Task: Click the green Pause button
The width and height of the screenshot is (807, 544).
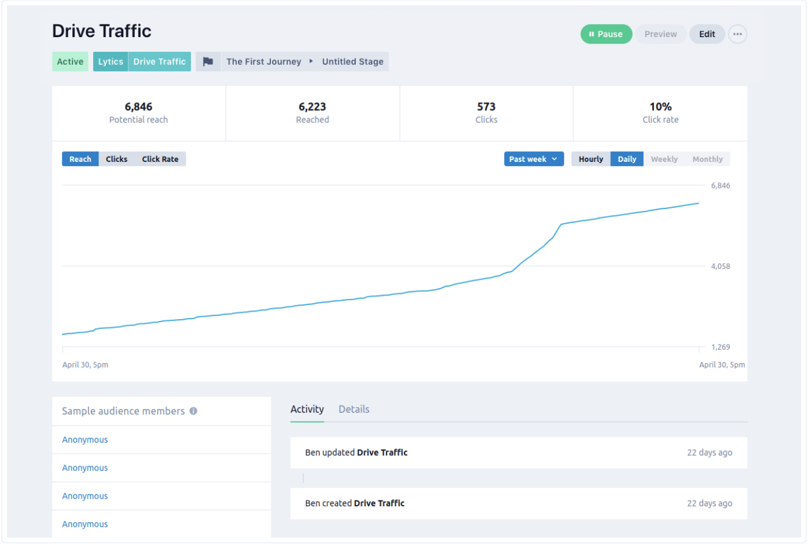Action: (x=606, y=34)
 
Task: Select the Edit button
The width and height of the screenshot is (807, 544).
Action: (x=707, y=34)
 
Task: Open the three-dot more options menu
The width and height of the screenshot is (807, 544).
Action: (x=737, y=34)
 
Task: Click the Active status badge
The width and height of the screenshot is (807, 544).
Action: (x=70, y=62)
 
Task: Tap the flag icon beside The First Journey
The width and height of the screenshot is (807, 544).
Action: (x=208, y=62)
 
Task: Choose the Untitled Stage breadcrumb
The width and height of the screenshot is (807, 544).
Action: (x=352, y=62)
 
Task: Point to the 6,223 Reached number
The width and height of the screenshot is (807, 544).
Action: (x=312, y=107)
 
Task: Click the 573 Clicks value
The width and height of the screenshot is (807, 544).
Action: (x=486, y=107)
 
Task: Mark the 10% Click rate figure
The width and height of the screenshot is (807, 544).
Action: (x=660, y=107)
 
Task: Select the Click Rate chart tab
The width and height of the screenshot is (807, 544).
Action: (x=160, y=159)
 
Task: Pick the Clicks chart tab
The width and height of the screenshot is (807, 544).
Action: (x=117, y=159)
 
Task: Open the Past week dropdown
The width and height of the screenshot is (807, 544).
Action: (x=534, y=159)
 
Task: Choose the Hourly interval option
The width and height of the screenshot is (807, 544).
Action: (x=591, y=159)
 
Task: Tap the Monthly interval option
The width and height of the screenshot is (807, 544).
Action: (x=707, y=159)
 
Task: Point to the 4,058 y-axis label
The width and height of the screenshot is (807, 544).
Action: (x=720, y=266)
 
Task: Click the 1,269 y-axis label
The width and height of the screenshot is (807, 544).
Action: (x=720, y=347)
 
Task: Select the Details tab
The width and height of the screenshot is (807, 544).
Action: (x=354, y=409)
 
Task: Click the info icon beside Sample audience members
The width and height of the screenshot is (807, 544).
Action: (x=193, y=411)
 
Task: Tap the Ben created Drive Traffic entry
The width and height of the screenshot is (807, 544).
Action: (x=355, y=503)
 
